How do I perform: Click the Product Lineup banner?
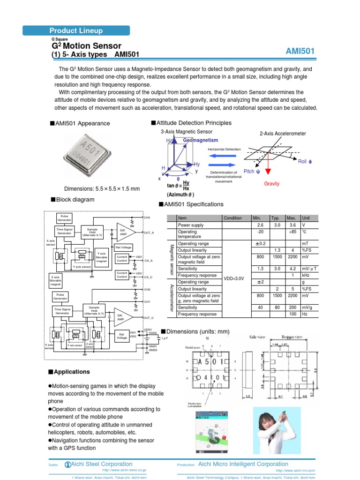[x=76, y=31]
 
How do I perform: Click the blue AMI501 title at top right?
[x=300, y=51]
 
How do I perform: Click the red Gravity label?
[x=271, y=184]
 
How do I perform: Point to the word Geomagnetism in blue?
[x=200, y=140]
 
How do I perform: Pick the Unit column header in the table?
[x=306, y=218]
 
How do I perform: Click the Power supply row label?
[x=190, y=225]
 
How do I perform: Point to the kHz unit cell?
[x=306, y=275]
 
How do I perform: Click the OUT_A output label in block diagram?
[x=149, y=232]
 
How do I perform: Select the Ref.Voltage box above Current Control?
[x=123, y=247]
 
